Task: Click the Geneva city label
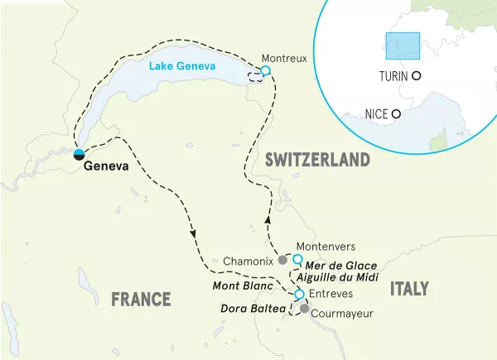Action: click(x=107, y=166)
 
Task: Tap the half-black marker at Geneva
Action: click(x=79, y=153)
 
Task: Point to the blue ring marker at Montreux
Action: click(x=265, y=71)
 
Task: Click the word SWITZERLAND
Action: click(x=317, y=160)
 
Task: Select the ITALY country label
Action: click(x=409, y=288)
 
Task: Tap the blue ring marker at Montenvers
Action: click(x=297, y=259)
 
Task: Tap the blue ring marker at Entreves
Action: click(x=299, y=295)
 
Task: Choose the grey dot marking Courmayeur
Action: click(x=304, y=310)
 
